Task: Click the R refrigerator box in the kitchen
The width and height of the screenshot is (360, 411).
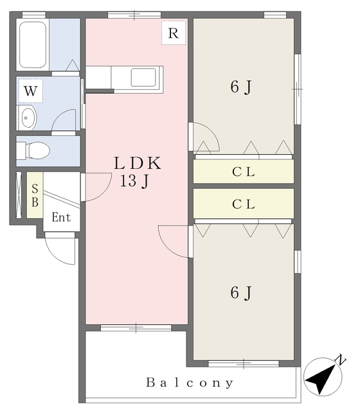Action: [173, 33]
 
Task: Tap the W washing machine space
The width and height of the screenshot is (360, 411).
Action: [30, 91]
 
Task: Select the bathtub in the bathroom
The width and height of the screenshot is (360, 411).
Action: [33, 45]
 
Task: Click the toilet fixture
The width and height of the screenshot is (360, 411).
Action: [33, 150]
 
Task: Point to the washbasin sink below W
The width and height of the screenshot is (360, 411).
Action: [27, 118]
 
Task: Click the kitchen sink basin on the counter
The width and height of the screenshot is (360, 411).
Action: [143, 77]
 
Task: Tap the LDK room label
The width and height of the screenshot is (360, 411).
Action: [137, 163]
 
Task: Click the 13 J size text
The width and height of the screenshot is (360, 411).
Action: [134, 181]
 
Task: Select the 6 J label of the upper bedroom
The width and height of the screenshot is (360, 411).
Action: [241, 87]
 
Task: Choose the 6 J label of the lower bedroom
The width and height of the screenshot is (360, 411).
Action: [241, 293]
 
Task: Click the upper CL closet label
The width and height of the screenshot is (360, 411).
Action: [244, 172]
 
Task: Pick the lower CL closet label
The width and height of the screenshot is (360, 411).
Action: [244, 204]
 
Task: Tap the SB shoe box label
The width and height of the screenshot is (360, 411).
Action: [35, 195]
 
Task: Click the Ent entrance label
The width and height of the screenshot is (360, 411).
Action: [61, 217]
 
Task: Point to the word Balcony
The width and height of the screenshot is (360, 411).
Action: [190, 383]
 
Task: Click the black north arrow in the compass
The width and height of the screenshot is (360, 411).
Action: [321, 379]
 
